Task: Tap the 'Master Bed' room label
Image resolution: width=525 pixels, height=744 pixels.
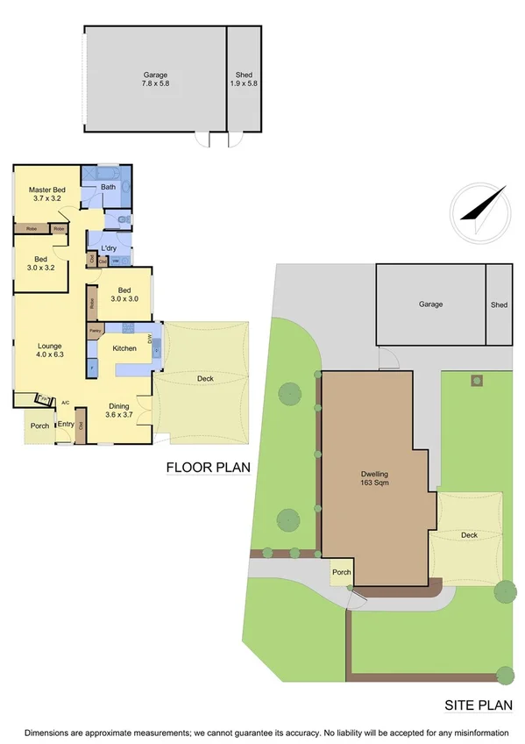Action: (46, 190)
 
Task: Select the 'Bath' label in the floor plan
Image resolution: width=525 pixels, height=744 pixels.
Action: (108, 187)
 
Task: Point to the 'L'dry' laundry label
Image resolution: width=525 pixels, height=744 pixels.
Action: (109, 248)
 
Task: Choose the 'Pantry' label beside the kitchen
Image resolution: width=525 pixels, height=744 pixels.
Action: (95, 331)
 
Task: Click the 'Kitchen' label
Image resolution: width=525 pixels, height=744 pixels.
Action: (124, 348)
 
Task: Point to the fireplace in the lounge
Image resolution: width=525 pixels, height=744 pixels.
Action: (41, 399)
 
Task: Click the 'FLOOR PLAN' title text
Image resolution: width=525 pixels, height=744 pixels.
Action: (209, 469)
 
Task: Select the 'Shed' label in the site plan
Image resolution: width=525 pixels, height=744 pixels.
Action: (499, 304)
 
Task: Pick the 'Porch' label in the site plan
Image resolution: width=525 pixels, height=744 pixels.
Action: (341, 573)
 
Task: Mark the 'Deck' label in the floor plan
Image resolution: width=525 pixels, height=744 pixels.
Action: (205, 378)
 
